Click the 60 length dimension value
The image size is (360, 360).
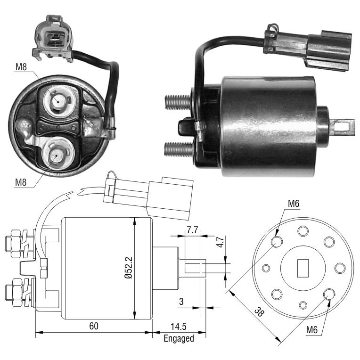point(94,326)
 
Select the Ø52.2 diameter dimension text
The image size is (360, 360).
point(129,268)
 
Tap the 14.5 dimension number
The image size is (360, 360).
point(179,327)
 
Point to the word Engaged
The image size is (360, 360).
point(179,339)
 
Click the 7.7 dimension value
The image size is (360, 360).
point(192,230)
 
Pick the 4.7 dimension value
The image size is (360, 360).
point(221,242)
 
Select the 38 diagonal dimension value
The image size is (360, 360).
point(260,312)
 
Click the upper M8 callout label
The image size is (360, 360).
point(21,67)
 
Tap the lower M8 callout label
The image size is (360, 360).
point(21,182)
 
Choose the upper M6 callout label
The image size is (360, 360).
point(294,204)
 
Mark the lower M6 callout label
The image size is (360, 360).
point(312,330)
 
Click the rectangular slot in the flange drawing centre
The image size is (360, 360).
point(303,268)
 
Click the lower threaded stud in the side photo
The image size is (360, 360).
point(179,149)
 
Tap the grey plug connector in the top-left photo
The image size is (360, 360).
point(53,38)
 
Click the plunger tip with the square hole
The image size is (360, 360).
point(342,126)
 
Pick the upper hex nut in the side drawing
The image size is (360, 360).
point(15,244)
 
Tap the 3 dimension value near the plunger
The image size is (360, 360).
point(181,302)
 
